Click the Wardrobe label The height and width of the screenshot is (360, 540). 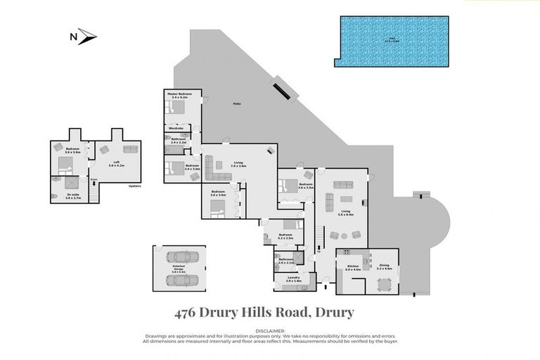176,128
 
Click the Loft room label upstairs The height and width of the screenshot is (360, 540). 117,165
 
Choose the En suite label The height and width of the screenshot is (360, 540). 74,198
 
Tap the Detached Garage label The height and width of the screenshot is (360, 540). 179,268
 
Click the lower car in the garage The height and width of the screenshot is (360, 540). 179,280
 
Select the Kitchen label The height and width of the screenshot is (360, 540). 352,266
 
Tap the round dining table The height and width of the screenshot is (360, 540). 384,284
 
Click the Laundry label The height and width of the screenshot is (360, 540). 293,279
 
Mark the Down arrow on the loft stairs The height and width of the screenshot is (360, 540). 94,179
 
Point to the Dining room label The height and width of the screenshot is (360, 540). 384,266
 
